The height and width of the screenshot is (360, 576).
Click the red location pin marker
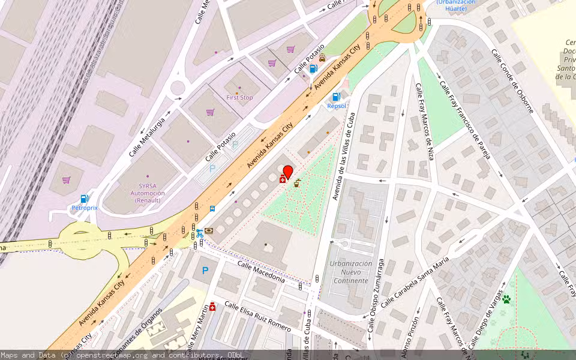pyautogui.click(x=287, y=172)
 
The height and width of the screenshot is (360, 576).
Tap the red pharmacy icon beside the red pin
pyautogui.click(x=283, y=179)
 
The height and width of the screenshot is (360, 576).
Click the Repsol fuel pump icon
pyautogui.click(x=336, y=96)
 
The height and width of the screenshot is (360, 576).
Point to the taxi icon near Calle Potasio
pyautogui.click(x=323, y=58)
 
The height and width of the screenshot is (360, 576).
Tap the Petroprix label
pyautogui.click(x=85, y=208)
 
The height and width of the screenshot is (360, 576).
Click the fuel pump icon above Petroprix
pyautogui.click(x=85, y=199)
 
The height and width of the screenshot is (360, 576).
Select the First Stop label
pyautogui.click(x=239, y=97)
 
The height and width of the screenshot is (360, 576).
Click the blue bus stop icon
pyautogui.click(x=212, y=209)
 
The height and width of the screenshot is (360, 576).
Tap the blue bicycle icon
pyautogui.click(x=200, y=233)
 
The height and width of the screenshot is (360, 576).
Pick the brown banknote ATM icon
pyautogui.click(x=209, y=230)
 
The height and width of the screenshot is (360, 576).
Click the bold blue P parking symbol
pyautogui.click(x=205, y=271)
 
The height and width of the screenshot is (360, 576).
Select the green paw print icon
pyautogui.click(x=506, y=298)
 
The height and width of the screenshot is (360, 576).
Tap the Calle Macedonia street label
pyautogui.click(x=260, y=271)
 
